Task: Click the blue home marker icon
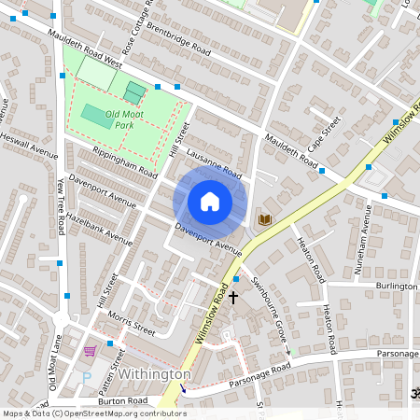coord(210,202)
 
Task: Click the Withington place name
coord(153,374)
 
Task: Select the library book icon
coord(265,219)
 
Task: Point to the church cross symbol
coord(233,297)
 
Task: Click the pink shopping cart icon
coord(91,351)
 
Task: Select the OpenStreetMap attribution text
coord(93,413)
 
